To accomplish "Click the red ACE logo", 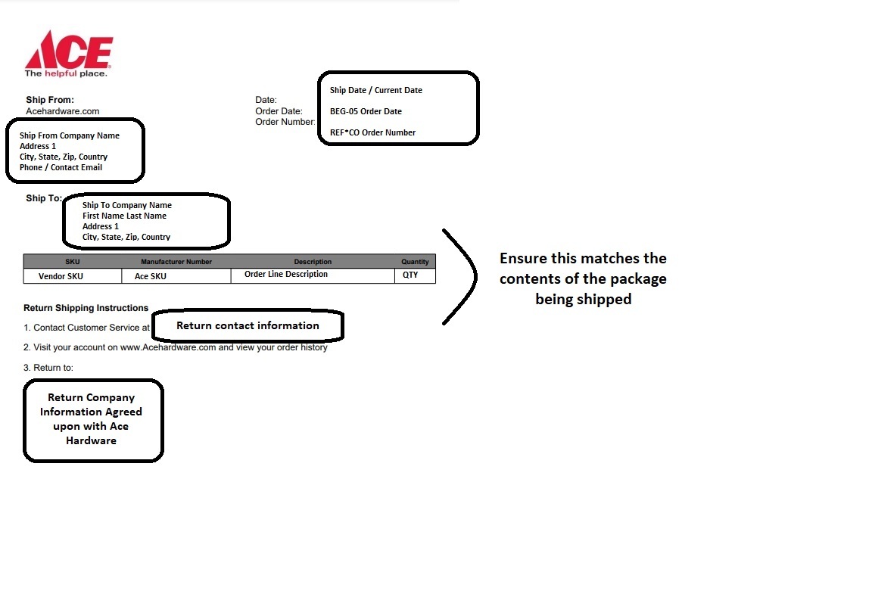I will pos(69,50).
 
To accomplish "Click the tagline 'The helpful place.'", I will pos(66,73).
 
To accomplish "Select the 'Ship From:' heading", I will pos(50,100).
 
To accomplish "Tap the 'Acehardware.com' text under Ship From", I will pos(62,111).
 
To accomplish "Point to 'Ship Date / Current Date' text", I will pos(376,90).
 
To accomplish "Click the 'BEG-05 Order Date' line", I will pos(366,111).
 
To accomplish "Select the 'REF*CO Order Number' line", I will pos(372,132).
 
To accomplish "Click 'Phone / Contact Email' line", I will pos(61,167).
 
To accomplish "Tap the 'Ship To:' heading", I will pos(44,198).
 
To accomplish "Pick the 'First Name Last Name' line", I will pos(124,216).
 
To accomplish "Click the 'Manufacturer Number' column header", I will pos(176,262).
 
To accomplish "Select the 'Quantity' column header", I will pos(415,262).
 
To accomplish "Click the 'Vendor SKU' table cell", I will pos(61,276).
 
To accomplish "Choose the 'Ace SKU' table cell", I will pos(150,276).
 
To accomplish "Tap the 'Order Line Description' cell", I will pos(286,274).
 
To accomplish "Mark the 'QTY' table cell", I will pos(410,275).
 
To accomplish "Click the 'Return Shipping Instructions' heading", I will pos(86,308).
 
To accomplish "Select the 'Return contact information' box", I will pos(248,325).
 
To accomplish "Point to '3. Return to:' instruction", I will pos(48,368).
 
